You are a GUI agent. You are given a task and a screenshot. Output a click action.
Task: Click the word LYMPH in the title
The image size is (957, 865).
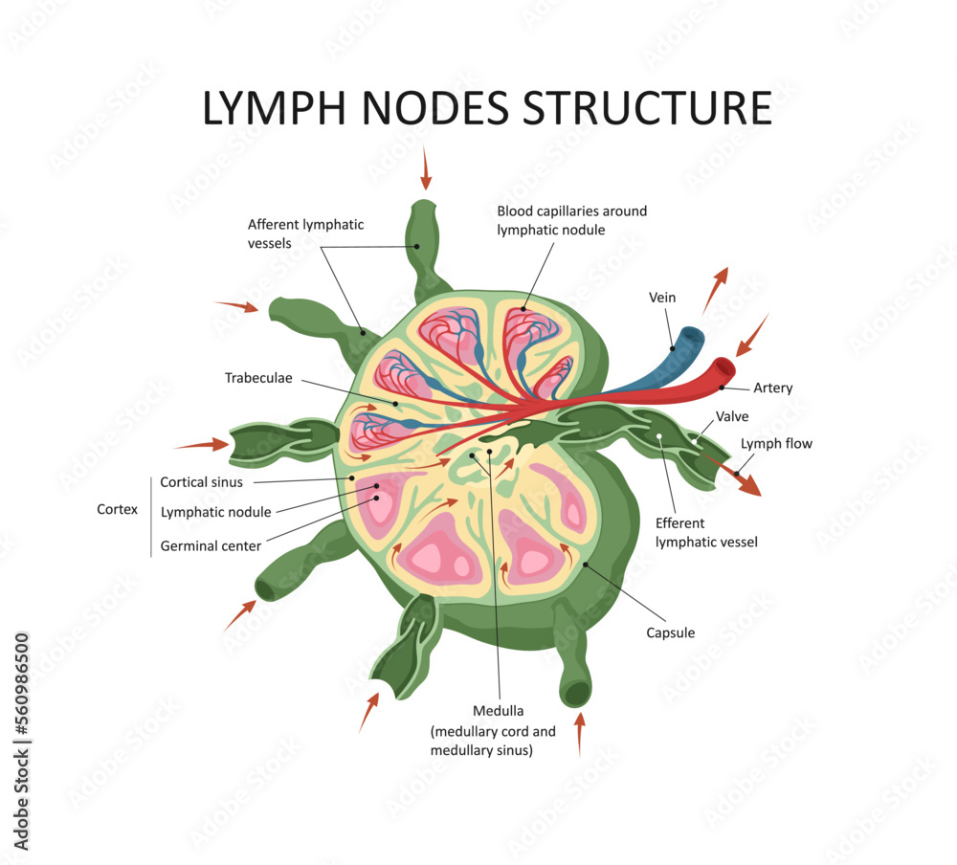tap(278, 108)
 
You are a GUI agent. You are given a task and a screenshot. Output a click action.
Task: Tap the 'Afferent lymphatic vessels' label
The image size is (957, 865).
tap(305, 233)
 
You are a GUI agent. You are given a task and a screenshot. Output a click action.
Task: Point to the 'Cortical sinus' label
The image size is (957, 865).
tap(201, 482)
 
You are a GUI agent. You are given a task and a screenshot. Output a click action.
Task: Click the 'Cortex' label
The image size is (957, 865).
tap(117, 510)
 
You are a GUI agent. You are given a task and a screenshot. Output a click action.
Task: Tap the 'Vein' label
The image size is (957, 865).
tap(662, 298)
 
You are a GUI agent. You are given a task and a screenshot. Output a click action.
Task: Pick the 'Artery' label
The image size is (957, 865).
tap(772, 388)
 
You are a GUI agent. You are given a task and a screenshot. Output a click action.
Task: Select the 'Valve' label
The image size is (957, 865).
tap(732, 416)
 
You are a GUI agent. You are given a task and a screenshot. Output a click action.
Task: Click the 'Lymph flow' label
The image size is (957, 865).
tap(776, 444)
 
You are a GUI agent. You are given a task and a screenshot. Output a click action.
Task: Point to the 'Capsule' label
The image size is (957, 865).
tap(670, 632)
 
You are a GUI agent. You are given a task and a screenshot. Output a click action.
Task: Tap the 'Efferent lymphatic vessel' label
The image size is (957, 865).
tap(706, 533)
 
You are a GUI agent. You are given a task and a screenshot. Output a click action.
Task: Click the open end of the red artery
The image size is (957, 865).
tap(727, 366)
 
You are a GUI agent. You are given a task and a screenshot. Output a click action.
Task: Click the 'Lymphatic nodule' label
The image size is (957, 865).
tap(215, 512)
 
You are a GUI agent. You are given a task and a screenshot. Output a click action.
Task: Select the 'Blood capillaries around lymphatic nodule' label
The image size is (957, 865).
tap(571, 220)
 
